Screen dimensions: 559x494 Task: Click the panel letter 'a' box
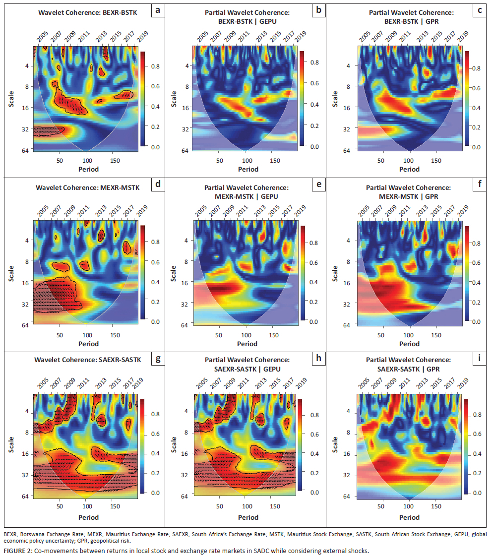(157, 10)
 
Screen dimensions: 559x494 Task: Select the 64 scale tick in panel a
(24, 149)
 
